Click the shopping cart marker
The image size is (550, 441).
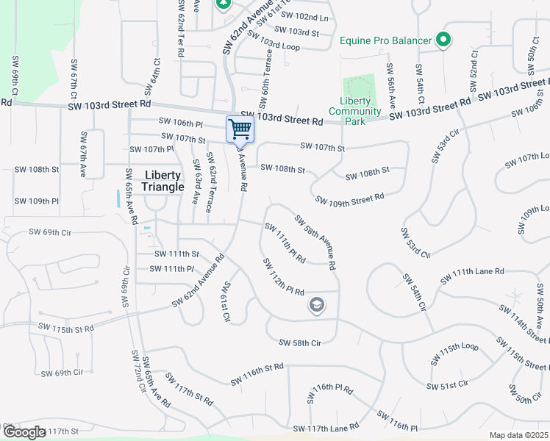point(240,129)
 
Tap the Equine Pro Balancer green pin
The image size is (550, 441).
point(443,40)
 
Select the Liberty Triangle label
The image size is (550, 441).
point(163,181)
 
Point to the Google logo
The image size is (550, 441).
point(24,432)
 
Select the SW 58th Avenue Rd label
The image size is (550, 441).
point(315,241)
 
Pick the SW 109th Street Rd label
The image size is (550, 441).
point(349,198)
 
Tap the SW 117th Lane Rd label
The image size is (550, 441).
point(326,427)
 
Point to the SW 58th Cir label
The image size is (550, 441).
point(300,343)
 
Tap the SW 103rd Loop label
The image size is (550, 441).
point(275,46)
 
